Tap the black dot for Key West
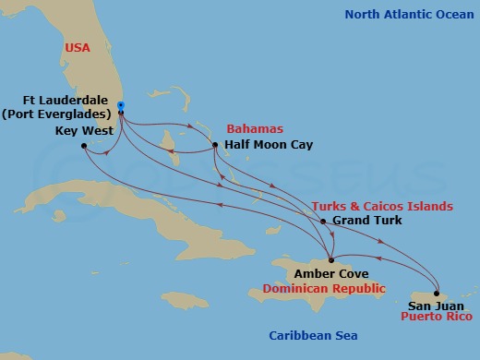[x=83, y=146]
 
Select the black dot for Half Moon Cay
[x=214, y=145]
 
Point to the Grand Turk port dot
[x=322, y=222]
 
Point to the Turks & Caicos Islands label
[x=382, y=206]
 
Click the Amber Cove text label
[x=332, y=274]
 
